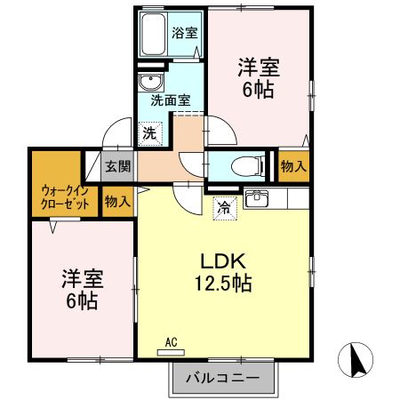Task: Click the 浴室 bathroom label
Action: point(186,33)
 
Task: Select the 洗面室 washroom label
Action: point(170,100)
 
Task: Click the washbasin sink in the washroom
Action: point(148,84)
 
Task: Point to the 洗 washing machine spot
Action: point(149,133)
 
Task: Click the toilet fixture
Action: point(250,165)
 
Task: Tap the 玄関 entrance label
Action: point(117,166)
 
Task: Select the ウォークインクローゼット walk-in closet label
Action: point(65,196)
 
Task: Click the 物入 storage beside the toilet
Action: point(294,165)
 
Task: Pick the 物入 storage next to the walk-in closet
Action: point(117,201)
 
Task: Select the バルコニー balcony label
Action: point(222,378)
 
